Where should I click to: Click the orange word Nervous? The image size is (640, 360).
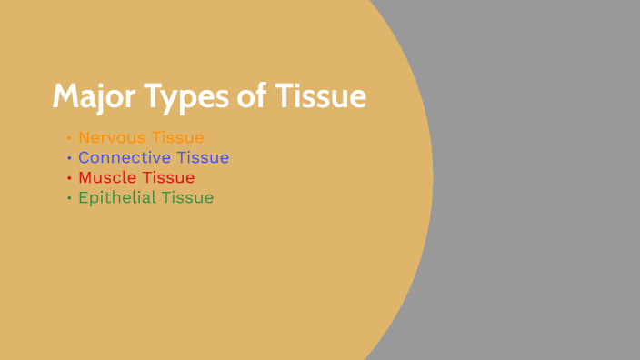[112, 137]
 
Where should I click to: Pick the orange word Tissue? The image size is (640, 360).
[178, 137]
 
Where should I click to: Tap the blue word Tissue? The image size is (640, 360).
[203, 157]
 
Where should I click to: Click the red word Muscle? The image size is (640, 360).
[107, 177]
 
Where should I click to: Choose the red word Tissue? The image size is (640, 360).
[168, 177]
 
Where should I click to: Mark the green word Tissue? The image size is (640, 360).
[188, 197]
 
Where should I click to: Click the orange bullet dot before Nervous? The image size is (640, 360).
[69, 138]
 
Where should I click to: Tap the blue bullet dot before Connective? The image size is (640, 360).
[69, 158]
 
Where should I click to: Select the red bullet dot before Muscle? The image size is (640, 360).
[69, 178]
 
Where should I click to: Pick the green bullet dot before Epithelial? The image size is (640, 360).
[69, 198]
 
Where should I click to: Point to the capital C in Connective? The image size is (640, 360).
[84, 157]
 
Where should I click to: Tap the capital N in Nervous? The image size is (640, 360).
[84, 137]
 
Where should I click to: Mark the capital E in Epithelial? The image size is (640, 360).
[83, 197]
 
